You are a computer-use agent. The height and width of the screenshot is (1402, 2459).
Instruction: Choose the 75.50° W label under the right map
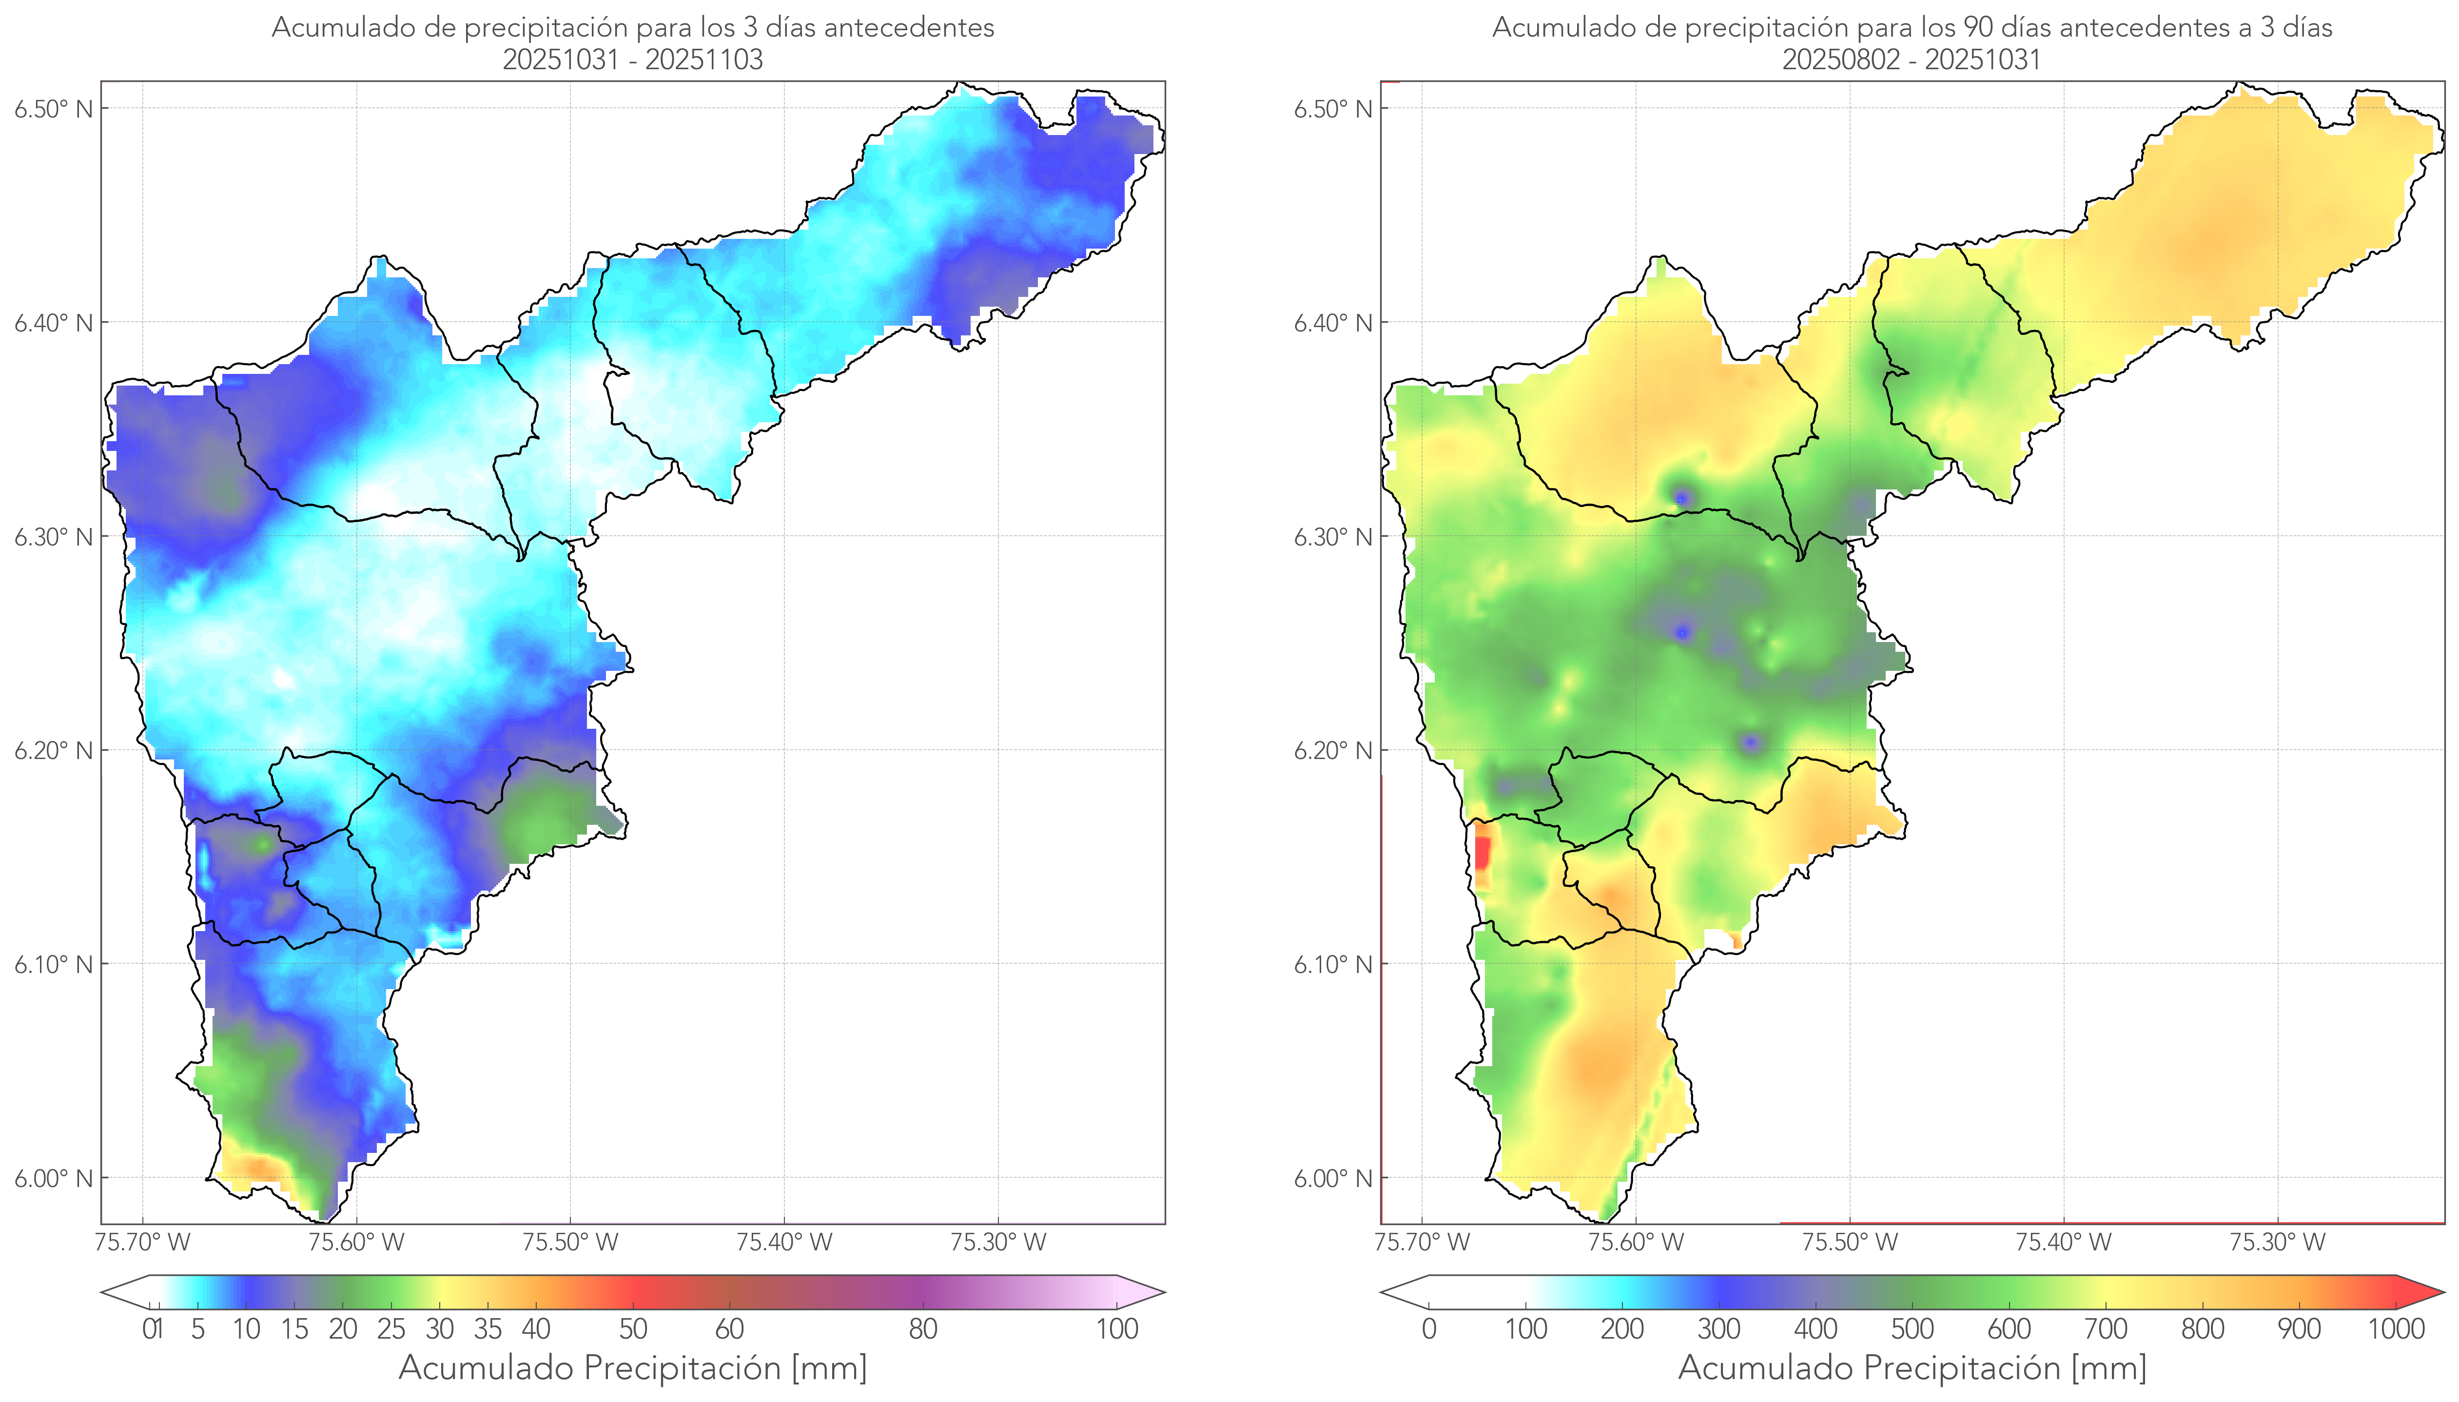click(1850, 1242)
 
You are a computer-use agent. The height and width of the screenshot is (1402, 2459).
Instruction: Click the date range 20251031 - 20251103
click(633, 59)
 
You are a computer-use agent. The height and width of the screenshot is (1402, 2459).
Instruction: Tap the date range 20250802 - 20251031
click(1911, 59)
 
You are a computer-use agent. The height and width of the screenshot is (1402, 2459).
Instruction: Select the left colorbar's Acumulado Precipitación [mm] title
click(633, 1367)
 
